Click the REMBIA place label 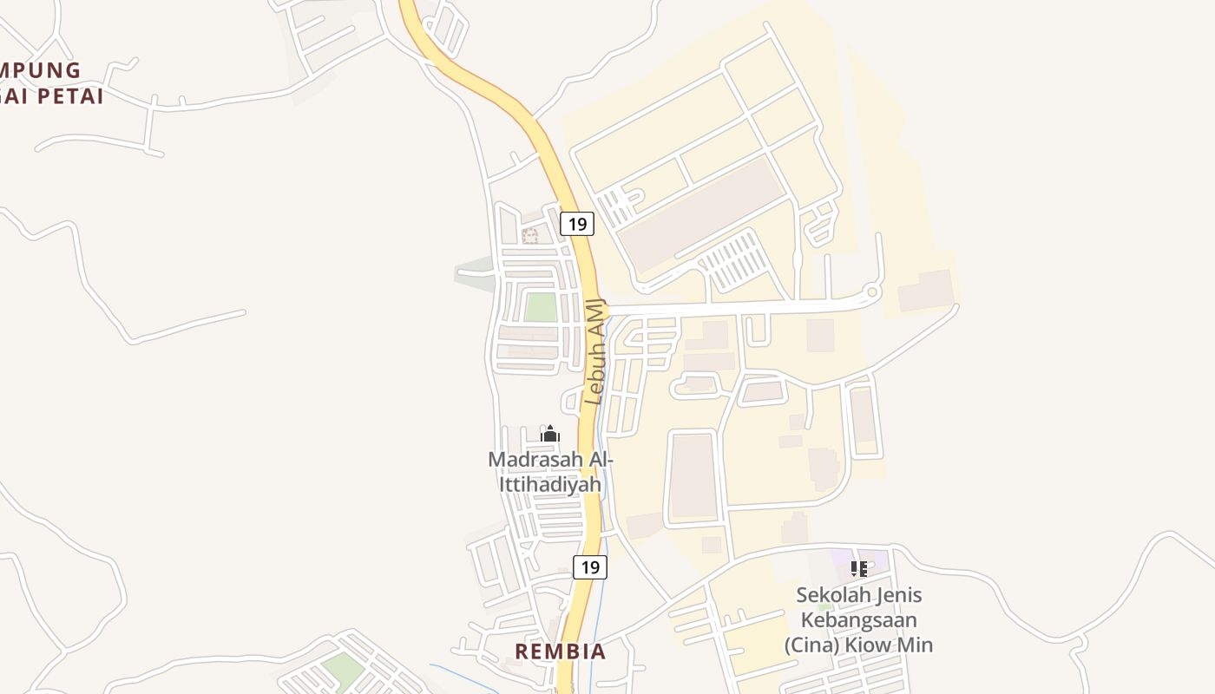[x=561, y=651]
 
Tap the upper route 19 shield [x=576, y=224]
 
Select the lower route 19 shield [x=590, y=567]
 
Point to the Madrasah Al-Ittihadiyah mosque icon [x=550, y=433]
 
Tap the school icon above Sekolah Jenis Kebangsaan [x=859, y=569]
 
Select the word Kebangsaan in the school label [x=858, y=620]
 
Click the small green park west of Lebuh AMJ [x=541, y=307]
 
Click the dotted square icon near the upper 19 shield [x=530, y=235]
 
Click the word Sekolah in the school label [x=831, y=596]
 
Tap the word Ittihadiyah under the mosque [x=550, y=484]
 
